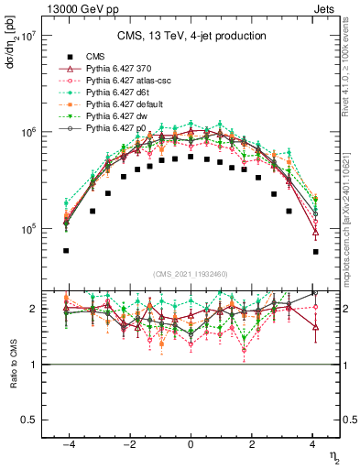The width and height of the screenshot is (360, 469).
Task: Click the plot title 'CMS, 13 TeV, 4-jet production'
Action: click(191, 36)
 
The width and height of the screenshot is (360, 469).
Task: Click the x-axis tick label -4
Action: click(65, 443)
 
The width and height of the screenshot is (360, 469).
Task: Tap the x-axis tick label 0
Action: click(190, 443)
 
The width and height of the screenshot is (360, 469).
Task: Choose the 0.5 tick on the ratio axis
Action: click(29, 420)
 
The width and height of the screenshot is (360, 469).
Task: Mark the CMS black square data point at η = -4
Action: click(66, 250)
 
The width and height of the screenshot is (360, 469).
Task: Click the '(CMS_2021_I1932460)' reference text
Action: click(190, 274)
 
